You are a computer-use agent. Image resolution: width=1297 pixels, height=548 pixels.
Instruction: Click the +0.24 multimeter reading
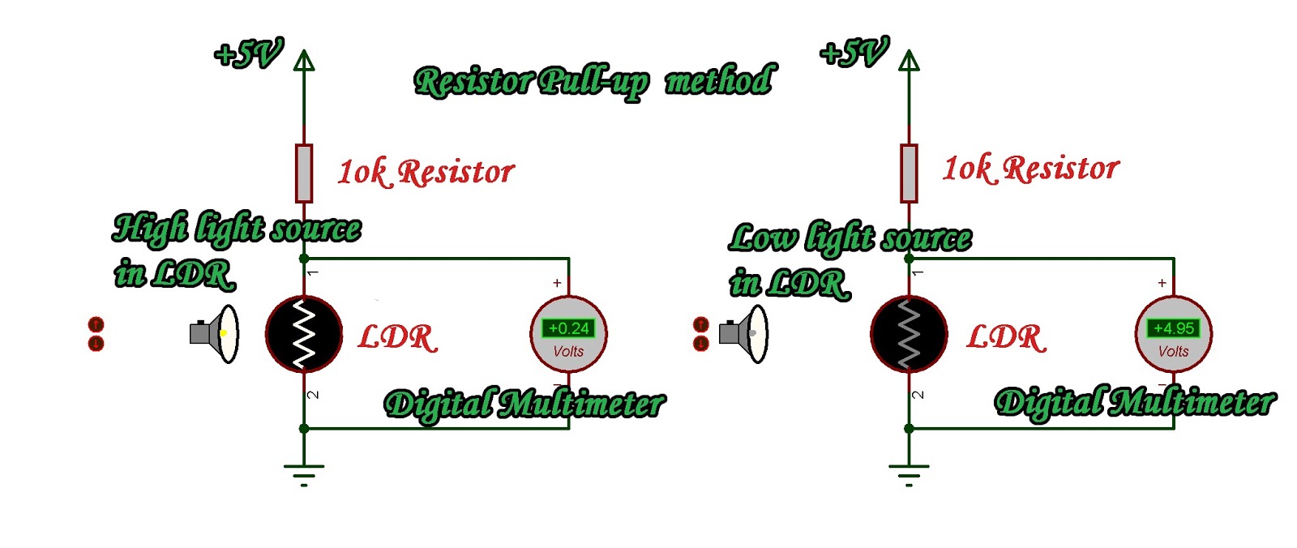click(568, 328)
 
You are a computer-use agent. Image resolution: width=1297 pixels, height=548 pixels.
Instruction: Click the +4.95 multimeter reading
click(1173, 328)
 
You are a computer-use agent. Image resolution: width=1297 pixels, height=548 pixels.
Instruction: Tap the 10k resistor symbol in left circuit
click(304, 173)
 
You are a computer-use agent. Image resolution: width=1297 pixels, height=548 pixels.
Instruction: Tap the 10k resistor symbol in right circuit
click(909, 173)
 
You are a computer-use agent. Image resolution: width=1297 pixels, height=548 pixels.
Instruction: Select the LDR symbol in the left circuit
click(304, 334)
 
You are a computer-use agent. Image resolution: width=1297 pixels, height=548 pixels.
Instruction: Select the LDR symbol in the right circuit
click(909, 334)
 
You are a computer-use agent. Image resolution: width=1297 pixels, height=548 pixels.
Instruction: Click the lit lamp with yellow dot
click(216, 333)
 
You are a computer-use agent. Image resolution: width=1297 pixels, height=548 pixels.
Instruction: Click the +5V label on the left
click(248, 54)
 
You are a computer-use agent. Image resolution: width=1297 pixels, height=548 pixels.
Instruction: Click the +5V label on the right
click(854, 53)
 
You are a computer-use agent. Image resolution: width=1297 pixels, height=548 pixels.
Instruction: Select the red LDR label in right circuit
click(1005, 337)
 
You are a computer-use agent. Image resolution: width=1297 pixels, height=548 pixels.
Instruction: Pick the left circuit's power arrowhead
click(304, 61)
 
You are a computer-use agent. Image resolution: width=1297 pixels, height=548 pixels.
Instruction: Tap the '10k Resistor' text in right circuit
click(1029, 169)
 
